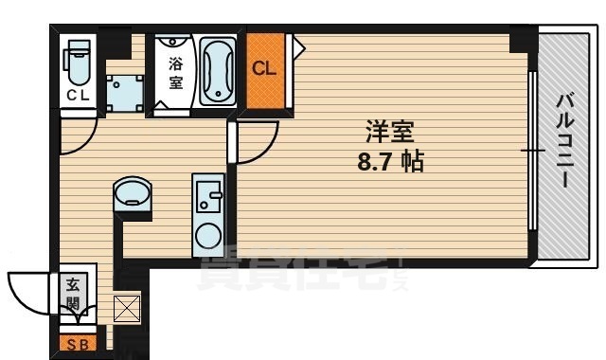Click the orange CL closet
coord(264,69)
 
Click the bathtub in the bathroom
coord(218,72)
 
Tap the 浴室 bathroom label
coord(175,73)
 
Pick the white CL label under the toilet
coord(77,96)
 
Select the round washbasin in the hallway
coord(131,196)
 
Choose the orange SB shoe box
coord(76,344)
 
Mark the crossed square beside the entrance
coord(126,309)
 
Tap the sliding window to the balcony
coord(532,150)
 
